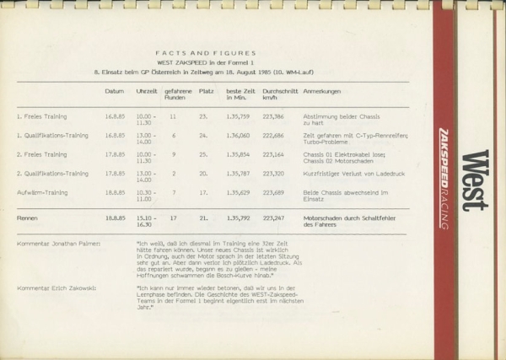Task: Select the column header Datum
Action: [x=115, y=90]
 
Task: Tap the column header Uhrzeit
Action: [x=147, y=90]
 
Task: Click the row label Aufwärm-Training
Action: [x=42, y=192]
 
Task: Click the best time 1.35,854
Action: [x=238, y=154]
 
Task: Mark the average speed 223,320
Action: [x=273, y=173]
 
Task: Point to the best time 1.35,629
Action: [x=238, y=192]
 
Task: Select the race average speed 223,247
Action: [x=273, y=218]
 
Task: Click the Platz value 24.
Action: [x=203, y=134]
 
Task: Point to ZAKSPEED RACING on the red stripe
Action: [x=444, y=177]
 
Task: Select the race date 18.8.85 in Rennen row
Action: [x=115, y=218]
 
